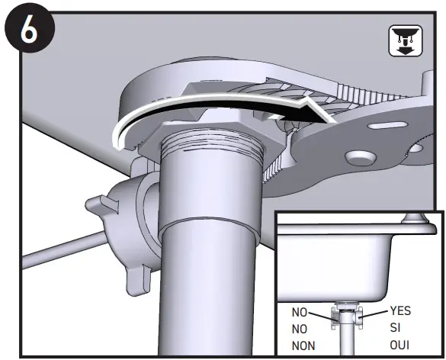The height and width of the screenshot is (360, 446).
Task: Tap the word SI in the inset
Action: click(395, 327)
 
